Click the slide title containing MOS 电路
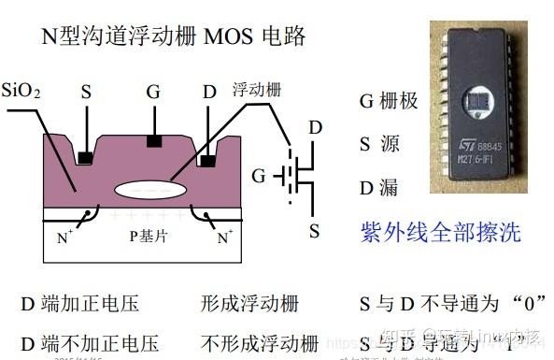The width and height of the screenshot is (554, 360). coord(174,36)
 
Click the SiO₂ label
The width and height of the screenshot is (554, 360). coord(21,92)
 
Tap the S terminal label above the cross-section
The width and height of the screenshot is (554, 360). coord(86,92)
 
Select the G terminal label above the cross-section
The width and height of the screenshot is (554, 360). coord(153,92)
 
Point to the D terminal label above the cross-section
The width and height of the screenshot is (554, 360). coord(209,92)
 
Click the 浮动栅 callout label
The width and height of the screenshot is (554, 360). coord(256,91)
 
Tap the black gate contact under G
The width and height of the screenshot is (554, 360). coord(154,141)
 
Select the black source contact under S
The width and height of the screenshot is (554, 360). coord(85,156)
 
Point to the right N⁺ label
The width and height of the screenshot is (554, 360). coord(225,238)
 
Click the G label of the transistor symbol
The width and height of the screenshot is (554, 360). coord(259,175)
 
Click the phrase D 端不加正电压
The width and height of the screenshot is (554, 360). coord(90,342)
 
